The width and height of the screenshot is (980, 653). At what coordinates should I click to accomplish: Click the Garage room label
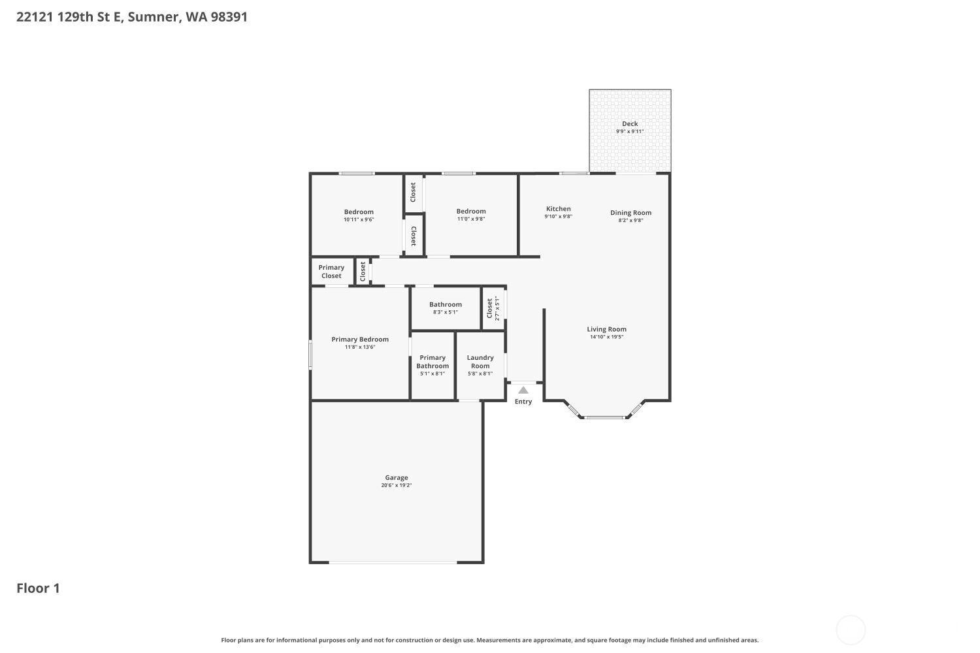(397, 477)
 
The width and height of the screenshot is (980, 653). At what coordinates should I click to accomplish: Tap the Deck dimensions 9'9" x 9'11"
(630, 131)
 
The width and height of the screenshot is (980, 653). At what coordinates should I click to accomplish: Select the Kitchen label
(558, 208)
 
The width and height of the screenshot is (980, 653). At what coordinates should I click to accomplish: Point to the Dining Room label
(630, 213)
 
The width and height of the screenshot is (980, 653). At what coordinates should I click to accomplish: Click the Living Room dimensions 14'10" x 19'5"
(606, 337)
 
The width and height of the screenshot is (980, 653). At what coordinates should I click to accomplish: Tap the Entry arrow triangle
(523, 390)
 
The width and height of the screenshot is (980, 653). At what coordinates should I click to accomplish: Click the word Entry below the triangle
(523, 402)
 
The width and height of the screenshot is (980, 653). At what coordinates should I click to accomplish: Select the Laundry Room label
(480, 362)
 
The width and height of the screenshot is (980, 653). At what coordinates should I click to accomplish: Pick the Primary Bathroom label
(433, 362)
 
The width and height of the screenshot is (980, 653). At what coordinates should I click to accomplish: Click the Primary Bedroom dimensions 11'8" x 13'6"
(359, 347)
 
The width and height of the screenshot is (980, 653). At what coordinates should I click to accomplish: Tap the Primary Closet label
(331, 272)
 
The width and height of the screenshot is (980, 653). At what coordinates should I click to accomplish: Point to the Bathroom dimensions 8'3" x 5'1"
(446, 312)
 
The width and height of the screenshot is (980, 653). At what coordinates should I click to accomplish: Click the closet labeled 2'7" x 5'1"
(493, 308)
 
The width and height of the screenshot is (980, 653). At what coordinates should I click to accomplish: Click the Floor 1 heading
(38, 588)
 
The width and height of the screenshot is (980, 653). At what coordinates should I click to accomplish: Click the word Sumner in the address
(153, 17)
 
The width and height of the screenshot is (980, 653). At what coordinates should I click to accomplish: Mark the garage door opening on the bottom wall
(393, 562)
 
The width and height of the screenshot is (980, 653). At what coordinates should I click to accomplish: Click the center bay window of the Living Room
(604, 418)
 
